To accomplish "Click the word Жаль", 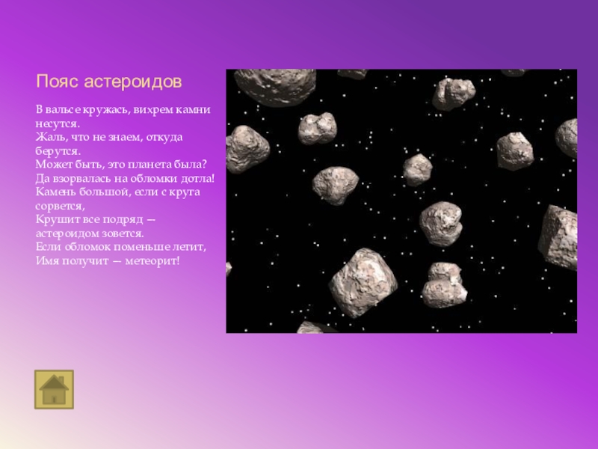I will point(49,138).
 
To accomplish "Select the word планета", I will point(141,165).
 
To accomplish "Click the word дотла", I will point(197,178).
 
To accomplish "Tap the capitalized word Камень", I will point(55,192).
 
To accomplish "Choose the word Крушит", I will point(55,219).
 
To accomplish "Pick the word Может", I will point(52,165).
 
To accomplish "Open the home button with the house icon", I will point(54,389).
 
